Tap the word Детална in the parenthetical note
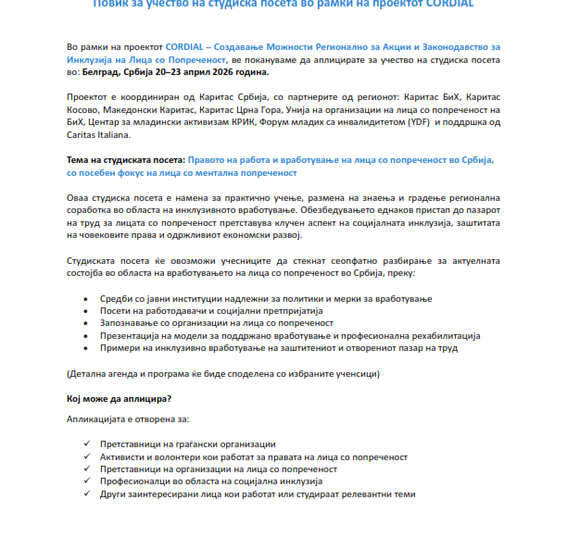point(92,373)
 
